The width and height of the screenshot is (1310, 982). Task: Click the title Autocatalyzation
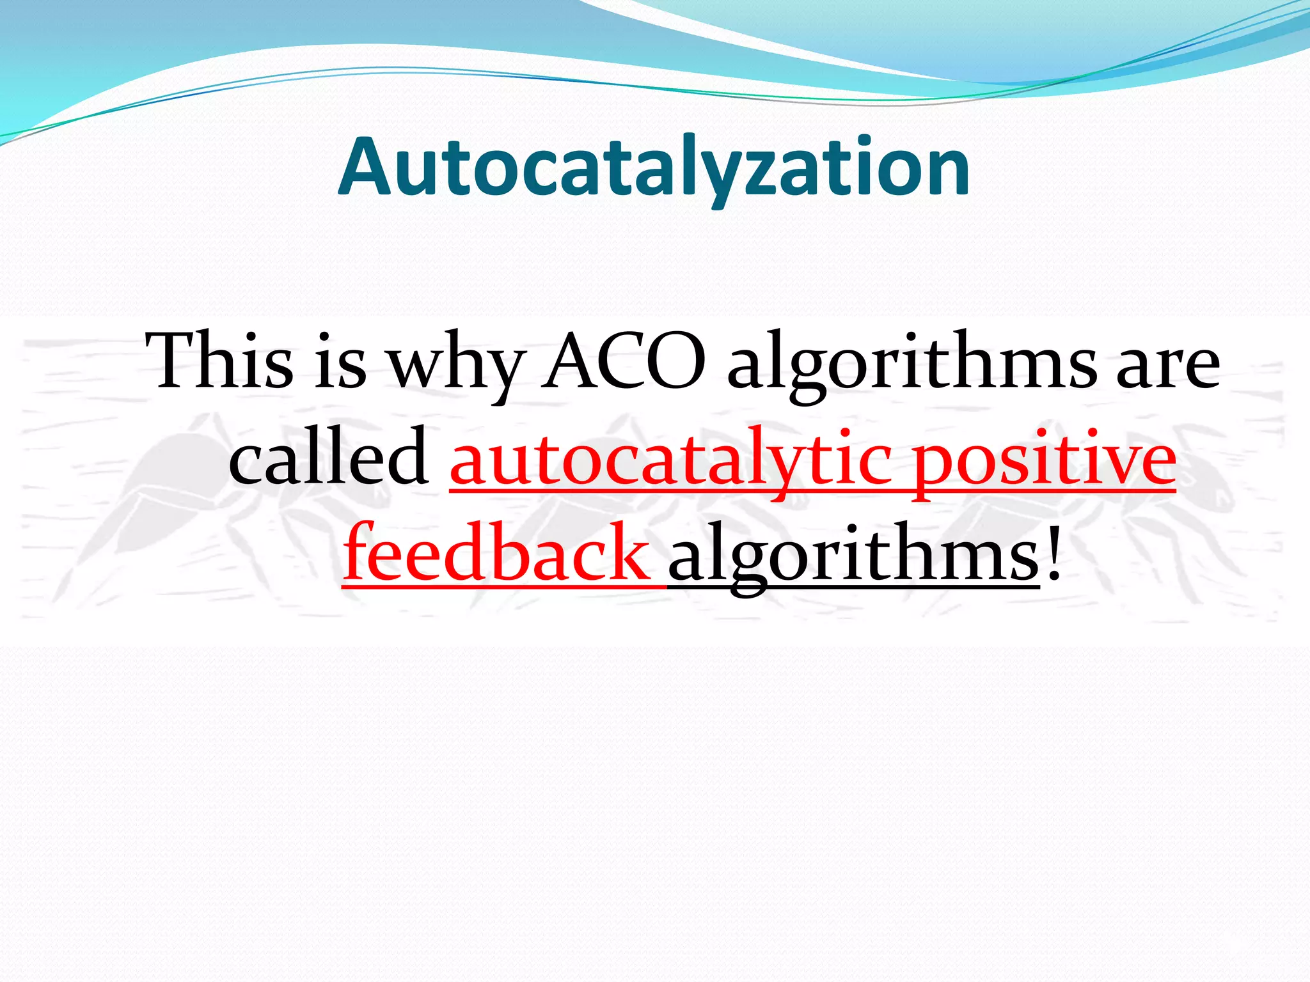[654, 168]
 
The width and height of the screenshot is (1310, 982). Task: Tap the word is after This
[340, 362]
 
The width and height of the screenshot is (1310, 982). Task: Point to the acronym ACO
[624, 362]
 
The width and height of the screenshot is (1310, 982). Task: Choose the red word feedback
[496, 554]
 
